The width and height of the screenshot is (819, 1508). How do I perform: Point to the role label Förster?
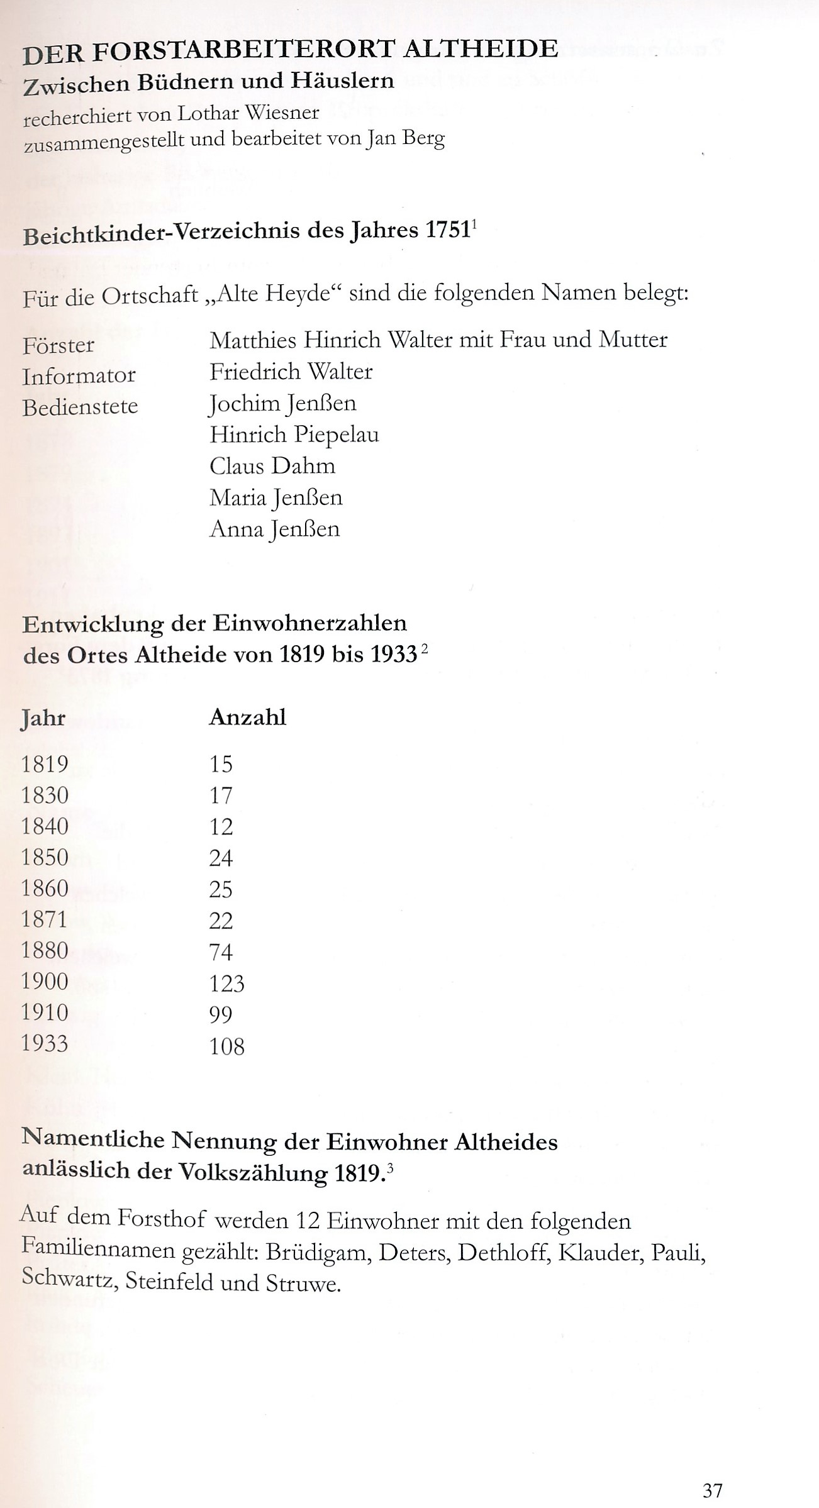[x=58, y=345]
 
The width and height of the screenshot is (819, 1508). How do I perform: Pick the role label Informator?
[x=79, y=376]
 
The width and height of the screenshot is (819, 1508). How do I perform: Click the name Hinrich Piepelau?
[x=294, y=435]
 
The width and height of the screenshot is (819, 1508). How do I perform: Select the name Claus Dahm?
[x=272, y=466]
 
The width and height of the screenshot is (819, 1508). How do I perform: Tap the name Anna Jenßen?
[x=274, y=529]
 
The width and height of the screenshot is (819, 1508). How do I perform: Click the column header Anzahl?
[x=247, y=717]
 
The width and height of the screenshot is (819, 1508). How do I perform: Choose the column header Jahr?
[x=43, y=718]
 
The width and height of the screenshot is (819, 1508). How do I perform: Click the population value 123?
[x=226, y=983]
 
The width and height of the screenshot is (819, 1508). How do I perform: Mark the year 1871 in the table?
[x=45, y=919]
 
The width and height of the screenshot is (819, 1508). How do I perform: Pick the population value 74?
[x=221, y=951]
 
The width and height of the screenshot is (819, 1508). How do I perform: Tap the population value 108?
[x=226, y=1046]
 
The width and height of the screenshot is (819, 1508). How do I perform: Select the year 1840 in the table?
[x=45, y=826]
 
